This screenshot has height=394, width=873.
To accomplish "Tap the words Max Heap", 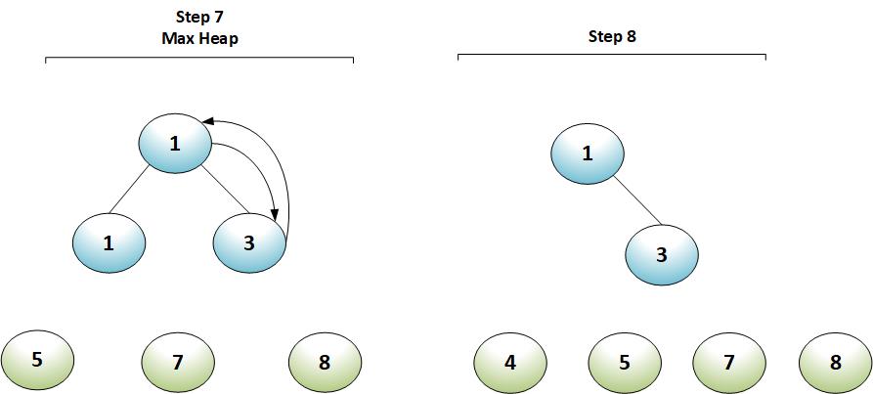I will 199,38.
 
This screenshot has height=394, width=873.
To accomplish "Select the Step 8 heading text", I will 612,37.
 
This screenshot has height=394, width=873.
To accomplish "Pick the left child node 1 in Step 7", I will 109,242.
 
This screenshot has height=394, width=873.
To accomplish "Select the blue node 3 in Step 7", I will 249,242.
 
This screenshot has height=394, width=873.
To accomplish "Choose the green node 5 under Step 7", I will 37,360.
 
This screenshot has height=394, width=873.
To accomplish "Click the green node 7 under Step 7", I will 178,363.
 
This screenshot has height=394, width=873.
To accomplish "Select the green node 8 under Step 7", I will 325,363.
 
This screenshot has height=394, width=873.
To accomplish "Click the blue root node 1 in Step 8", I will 588,153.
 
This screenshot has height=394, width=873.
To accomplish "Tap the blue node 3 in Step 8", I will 662,255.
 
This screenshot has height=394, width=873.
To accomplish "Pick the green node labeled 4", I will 510,363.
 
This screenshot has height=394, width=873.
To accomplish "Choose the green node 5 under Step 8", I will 625,363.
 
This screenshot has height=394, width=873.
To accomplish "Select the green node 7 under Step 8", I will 729,363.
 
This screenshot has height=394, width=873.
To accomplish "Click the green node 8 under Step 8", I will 835,363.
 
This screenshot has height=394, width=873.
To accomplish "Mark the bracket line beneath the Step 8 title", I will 612,56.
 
